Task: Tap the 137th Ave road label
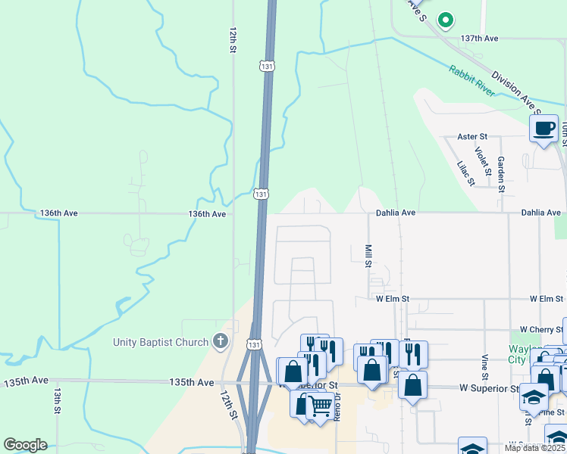tap(479, 38)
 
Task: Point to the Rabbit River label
tap(471, 81)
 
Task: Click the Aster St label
tap(472, 136)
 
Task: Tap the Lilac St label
tap(465, 173)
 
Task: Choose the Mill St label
tap(368, 255)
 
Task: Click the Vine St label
tap(484, 365)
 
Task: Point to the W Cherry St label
tap(538, 330)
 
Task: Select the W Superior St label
tap(488, 388)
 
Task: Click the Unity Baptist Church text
tap(160, 342)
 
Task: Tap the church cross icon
tap(220, 342)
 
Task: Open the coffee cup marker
tap(544, 128)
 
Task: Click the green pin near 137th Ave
tap(446, 20)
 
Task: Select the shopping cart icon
tap(320, 407)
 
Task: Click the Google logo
tap(25, 445)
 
